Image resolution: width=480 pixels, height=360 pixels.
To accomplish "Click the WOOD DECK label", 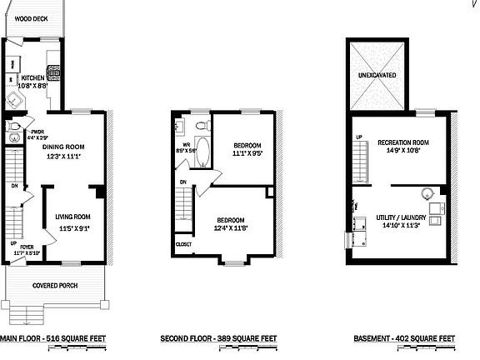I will pyautogui.click(x=31, y=17).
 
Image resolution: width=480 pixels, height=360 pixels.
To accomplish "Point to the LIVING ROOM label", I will pyautogui.click(x=73, y=217).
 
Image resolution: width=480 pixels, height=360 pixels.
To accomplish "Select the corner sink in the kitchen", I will pyautogui.click(x=15, y=102).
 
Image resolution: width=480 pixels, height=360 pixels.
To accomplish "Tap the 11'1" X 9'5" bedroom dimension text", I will pyautogui.click(x=248, y=153).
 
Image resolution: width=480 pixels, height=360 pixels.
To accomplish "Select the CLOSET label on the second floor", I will pyautogui.click(x=184, y=244).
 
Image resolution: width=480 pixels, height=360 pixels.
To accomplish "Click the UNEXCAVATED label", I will pyautogui.click(x=377, y=75).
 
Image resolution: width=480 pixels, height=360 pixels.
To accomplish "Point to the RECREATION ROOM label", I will pyautogui.click(x=402, y=142).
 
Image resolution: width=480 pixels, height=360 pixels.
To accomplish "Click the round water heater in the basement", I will pyautogui.click(x=427, y=194).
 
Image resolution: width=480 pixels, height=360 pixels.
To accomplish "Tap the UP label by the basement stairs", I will pyautogui.click(x=359, y=137).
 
